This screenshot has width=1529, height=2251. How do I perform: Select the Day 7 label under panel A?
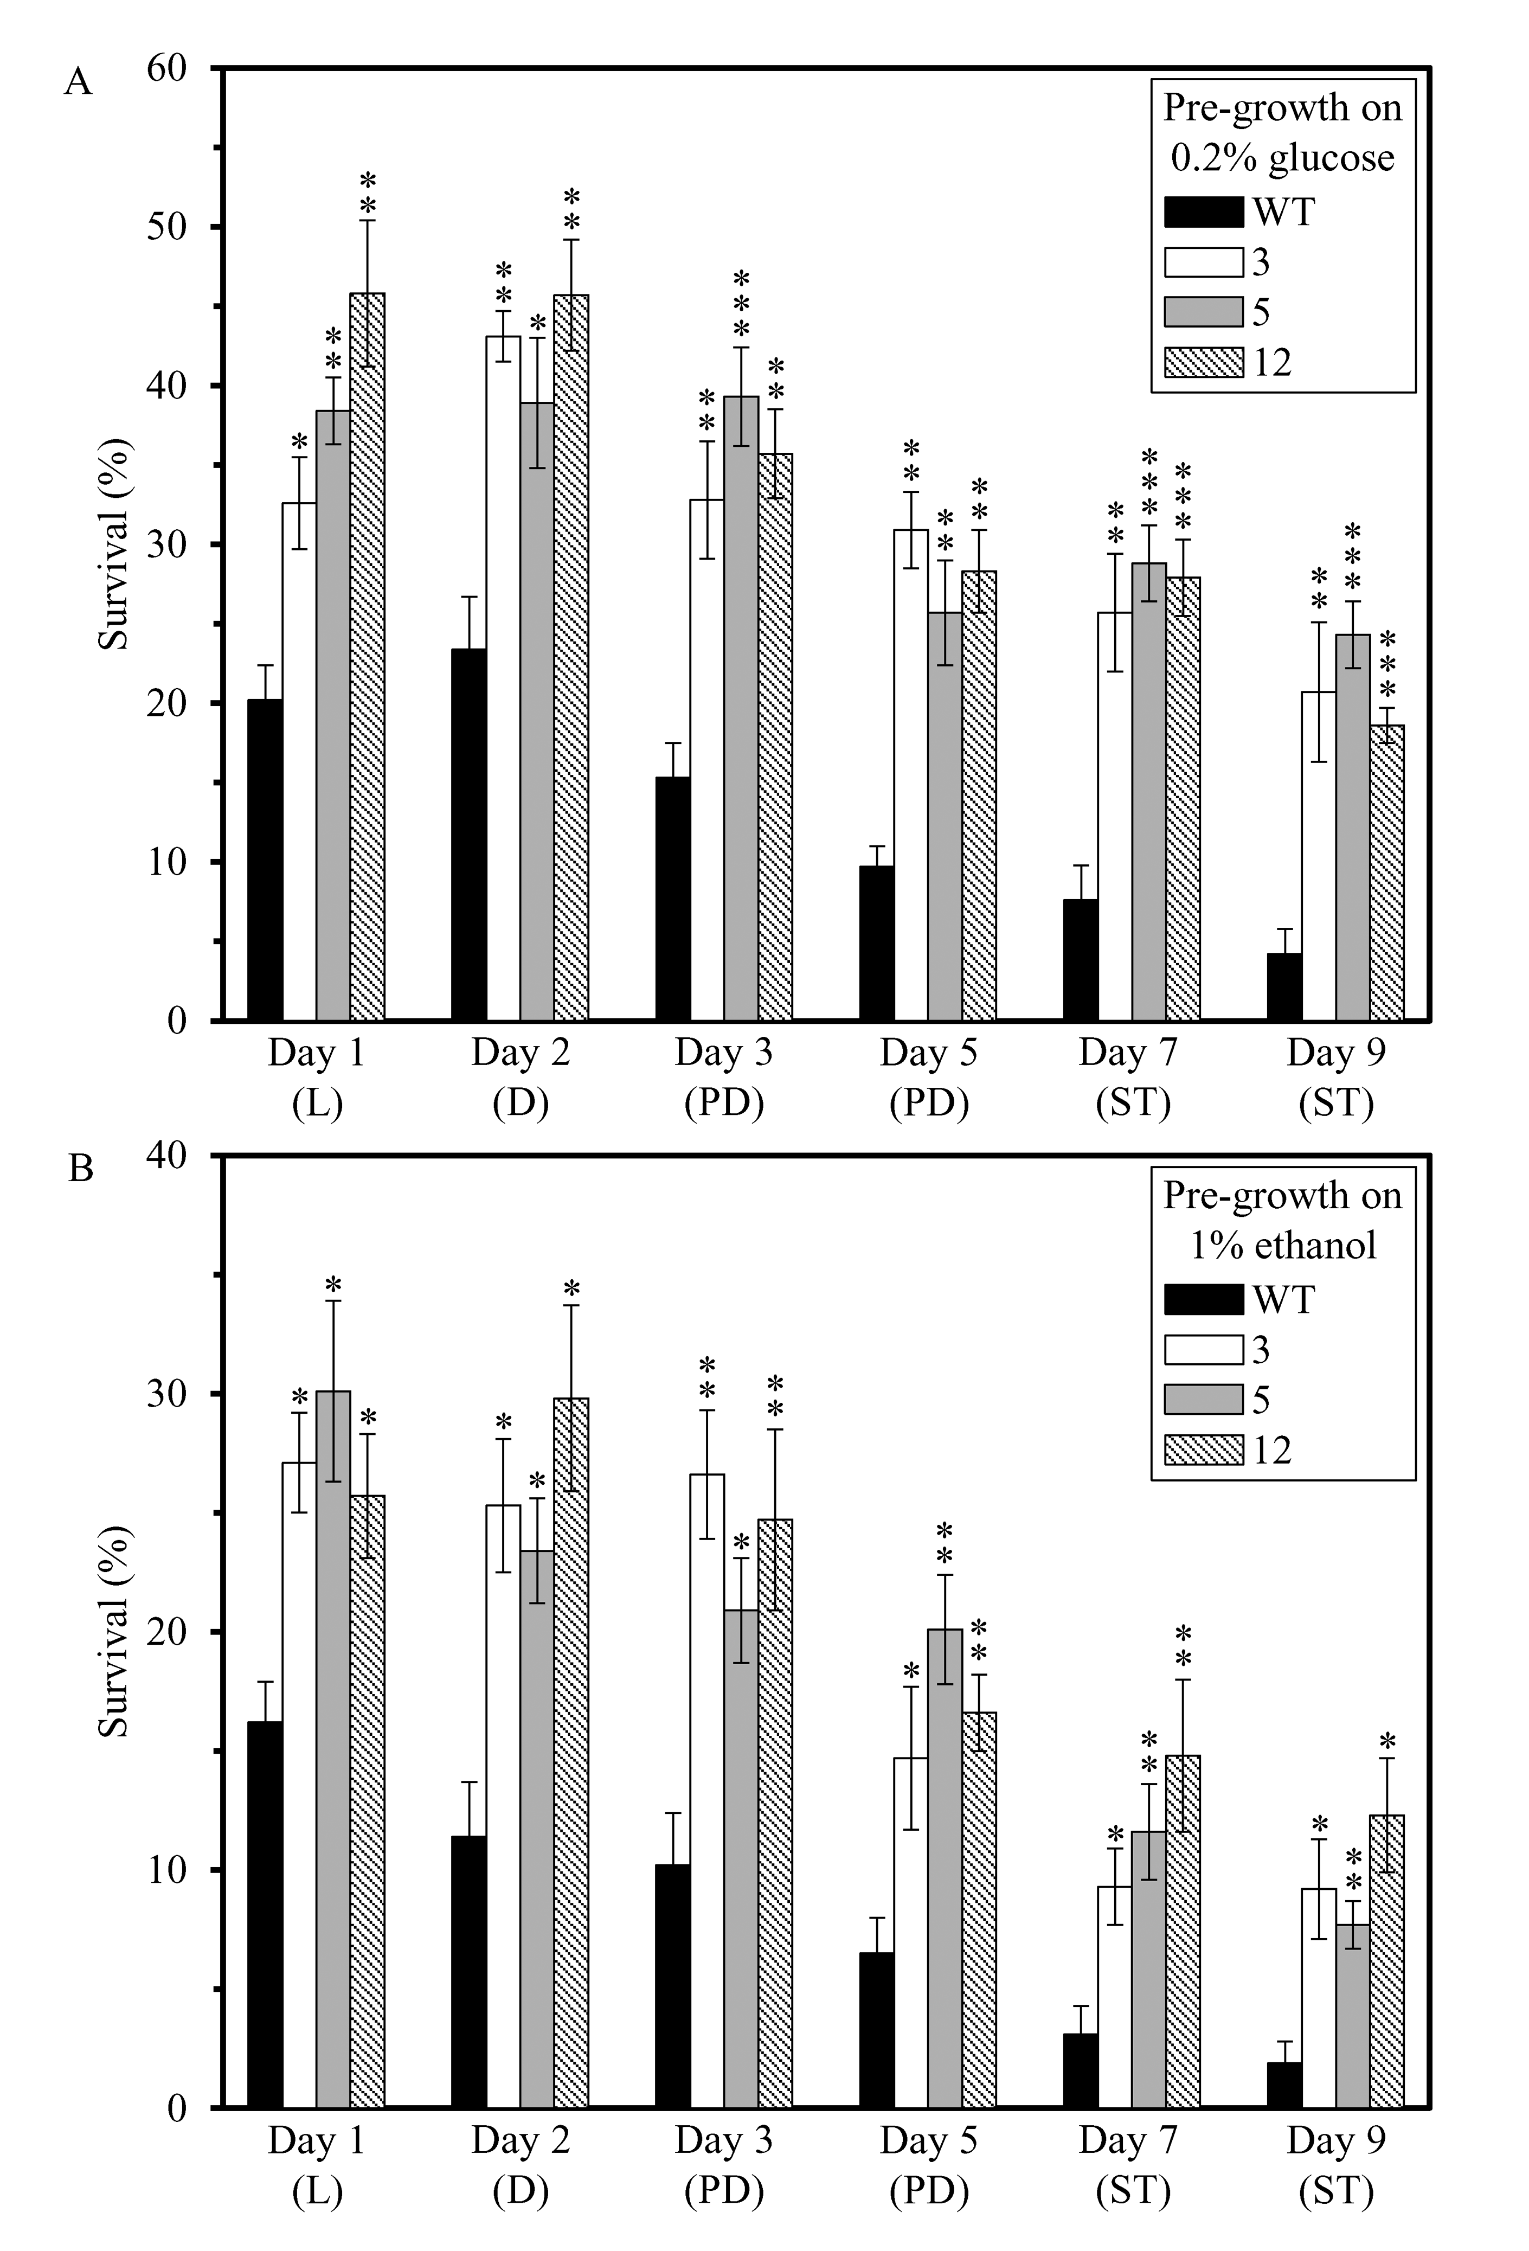1128,1053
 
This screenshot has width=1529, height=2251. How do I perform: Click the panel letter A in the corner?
79,82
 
